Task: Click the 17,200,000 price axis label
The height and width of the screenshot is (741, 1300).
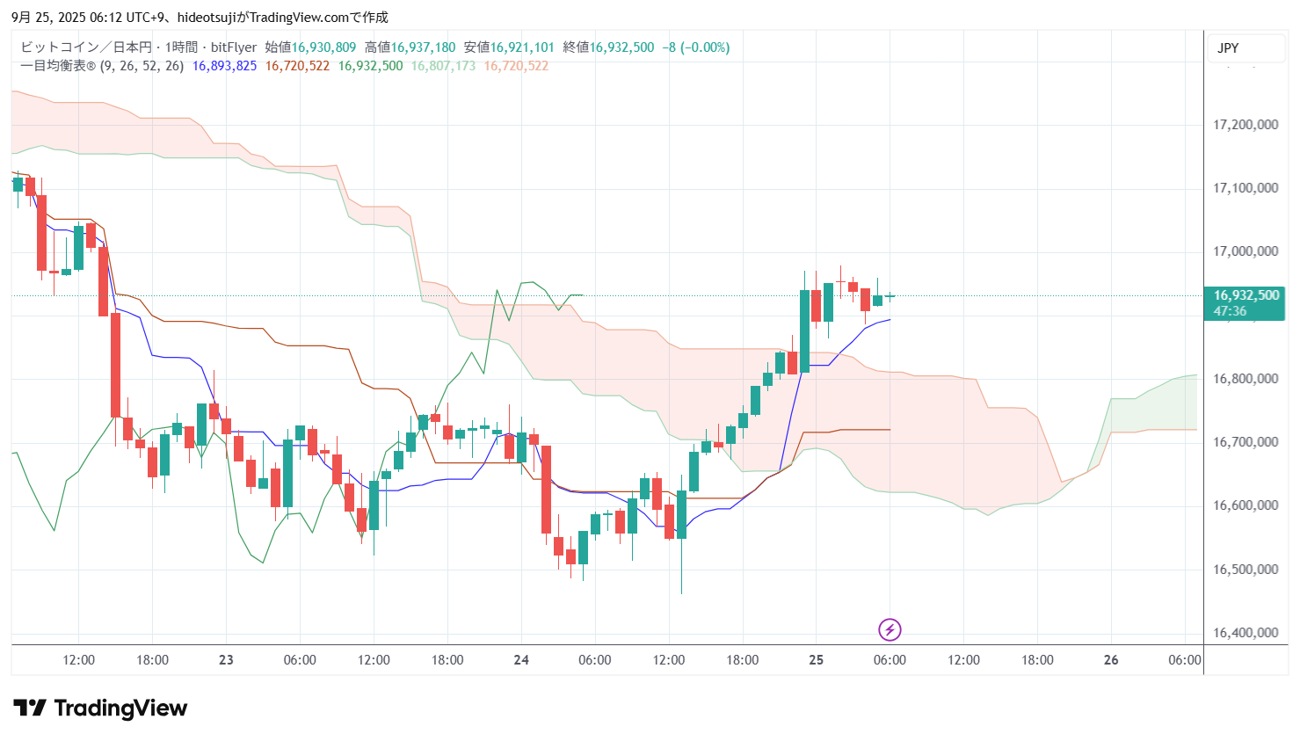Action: tap(1245, 125)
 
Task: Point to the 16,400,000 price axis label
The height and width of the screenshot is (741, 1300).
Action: tap(1245, 633)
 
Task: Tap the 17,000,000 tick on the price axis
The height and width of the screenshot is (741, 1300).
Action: tap(1245, 251)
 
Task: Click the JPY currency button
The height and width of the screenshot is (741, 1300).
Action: tap(1228, 48)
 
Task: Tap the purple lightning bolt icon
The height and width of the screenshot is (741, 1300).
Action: tap(890, 629)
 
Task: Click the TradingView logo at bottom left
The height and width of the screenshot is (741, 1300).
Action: tap(100, 708)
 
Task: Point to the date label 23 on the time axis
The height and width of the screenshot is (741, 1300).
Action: tap(226, 660)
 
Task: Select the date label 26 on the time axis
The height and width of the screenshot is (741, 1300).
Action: tap(1111, 660)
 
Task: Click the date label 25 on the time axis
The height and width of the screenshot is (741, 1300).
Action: tap(816, 660)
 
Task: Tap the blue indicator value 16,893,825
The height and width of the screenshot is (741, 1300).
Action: tap(224, 66)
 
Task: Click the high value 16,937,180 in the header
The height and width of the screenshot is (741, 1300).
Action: tap(423, 47)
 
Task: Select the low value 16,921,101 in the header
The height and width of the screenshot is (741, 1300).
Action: tap(522, 47)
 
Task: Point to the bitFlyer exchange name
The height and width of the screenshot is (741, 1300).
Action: tap(234, 47)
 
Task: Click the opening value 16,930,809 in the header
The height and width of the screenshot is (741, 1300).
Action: tap(323, 47)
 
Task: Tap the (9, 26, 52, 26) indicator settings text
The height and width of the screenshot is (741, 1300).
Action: tap(142, 66)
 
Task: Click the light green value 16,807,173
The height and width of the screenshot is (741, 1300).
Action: tap(443, 66)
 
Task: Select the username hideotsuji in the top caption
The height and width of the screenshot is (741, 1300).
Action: tap(207, 18)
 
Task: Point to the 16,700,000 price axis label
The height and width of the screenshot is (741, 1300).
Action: tap(1245, 442)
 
